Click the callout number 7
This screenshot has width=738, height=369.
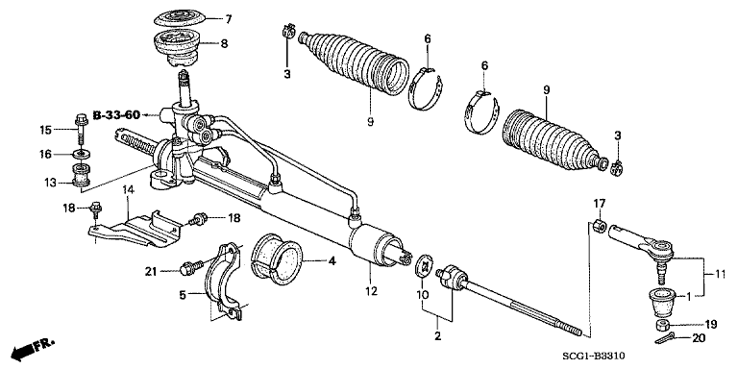click(x=228, y=18)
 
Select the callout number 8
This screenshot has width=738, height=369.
click(x=224, y=43)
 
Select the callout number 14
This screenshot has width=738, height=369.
click(x=127, y=191)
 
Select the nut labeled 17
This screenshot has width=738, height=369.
click(x=597, y=228)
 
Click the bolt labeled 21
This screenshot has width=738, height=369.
click(x=189, y=269)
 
